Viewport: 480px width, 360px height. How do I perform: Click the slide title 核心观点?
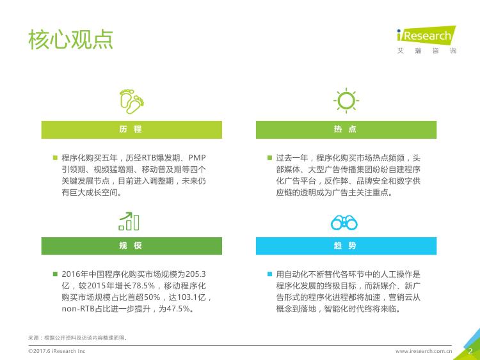tap(70, 40)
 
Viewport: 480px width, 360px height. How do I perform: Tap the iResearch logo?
tap(426, 40)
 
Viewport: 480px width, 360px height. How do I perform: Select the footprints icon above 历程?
tap(132, 101)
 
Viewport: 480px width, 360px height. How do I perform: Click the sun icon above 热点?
tap(346, 100)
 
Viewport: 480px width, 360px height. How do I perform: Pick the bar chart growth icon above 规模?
tap(129, 221)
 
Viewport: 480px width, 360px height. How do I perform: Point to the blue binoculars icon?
tap(344, 223)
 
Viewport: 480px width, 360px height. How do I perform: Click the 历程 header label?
tap(131, 129)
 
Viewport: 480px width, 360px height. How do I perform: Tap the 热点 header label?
tap(345, 129)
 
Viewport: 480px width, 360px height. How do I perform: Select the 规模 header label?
tap(131, 246)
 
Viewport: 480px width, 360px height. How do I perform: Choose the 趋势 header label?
tap(345, 246)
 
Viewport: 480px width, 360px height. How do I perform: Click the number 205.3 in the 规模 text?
tap(196, 274)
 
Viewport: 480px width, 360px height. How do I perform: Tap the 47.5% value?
tap(178, 309)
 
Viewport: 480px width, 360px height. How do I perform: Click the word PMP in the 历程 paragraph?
tap(197, 158)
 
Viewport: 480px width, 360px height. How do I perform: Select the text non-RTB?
tap(78, 309)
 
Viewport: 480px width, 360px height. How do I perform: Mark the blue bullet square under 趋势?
tap(269, 274)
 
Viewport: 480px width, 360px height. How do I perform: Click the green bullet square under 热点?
tap(269, 158)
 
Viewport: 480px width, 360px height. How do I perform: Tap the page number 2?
tap(470, 351)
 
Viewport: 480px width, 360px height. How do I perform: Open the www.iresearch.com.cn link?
tap(424, 351)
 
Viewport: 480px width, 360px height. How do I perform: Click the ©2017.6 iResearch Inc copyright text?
tap(56, 351)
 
